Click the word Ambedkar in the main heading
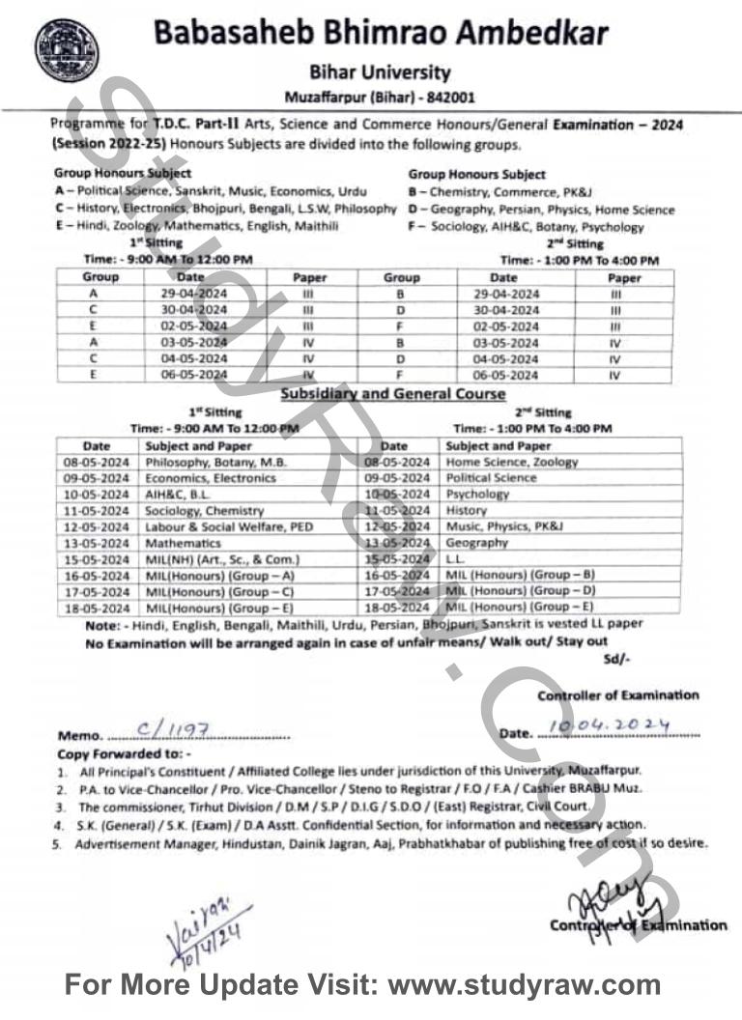[x=521, y=33]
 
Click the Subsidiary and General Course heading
[x=393, y=394]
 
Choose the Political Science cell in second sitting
[x=491, y=478]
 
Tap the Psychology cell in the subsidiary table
[x=477, y=494]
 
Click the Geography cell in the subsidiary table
[x=476, y=543]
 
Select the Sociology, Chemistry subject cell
[x=205, y=510]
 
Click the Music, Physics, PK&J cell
[x=504, y=526]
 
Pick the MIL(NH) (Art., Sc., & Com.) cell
[x=223, y=559]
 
